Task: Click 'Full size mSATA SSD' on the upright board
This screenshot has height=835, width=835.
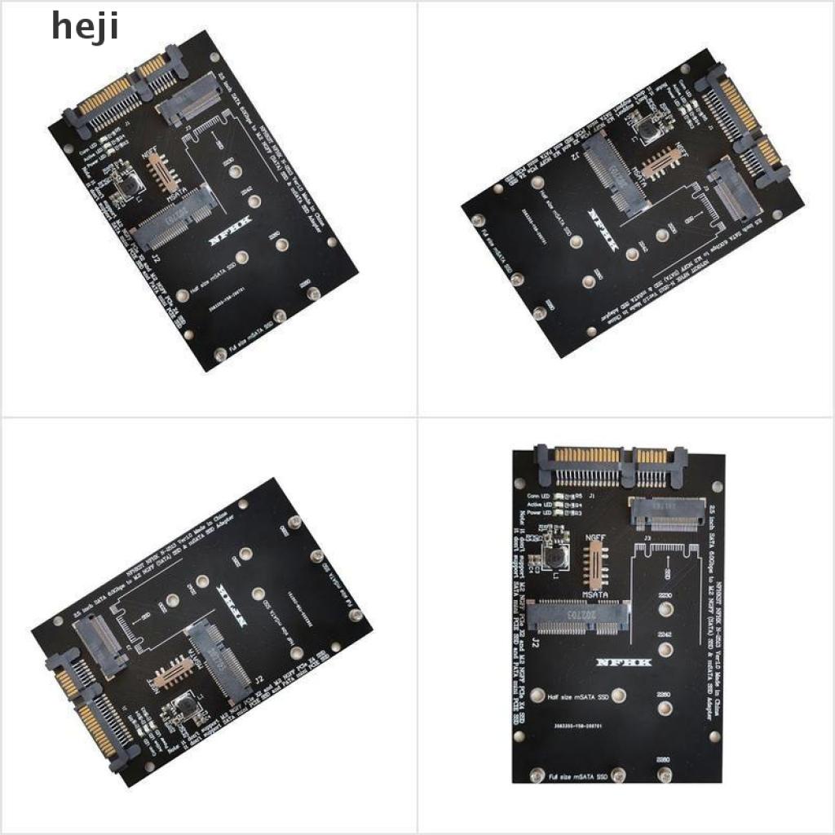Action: pyautogui.click(x=578, y=776)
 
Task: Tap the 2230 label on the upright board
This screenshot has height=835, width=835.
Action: pyautogui.click(x=665, y=596)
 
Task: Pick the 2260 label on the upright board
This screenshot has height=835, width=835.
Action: pyautogui.click(x=665, y=694)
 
